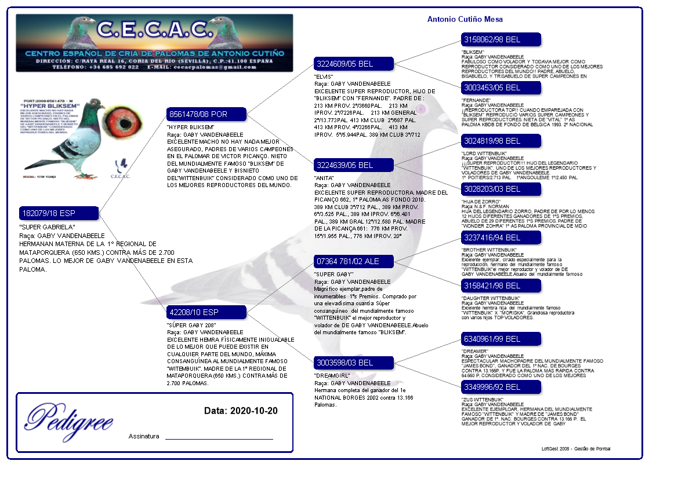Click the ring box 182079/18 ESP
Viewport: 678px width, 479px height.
tap(59, 213)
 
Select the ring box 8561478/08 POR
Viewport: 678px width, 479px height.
tap(206, 114)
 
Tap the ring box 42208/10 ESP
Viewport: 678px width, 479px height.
tap(206, 313)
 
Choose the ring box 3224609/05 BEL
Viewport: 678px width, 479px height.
tap(353, 64)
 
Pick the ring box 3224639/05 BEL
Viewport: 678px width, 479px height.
tap(353, 165)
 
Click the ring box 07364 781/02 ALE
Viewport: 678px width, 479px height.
tap(353, 261)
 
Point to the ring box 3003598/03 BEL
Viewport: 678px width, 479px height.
tap(353, 363)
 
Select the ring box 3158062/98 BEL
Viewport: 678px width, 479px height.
tap(501, 39)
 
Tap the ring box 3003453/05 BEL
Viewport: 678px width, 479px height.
tap(501, 87)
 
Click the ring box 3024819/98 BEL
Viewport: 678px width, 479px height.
tap(501, 141)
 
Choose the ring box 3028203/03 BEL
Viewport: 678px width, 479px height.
tap(501, 189)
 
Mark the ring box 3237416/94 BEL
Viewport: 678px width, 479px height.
tap(501, 237)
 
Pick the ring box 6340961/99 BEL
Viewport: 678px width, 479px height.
tap(501, 339)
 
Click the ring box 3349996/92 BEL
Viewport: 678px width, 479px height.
tap(501, 387)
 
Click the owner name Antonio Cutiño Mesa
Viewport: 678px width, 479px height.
tap(465, 20)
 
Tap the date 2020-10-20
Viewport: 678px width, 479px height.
tap(253, 411)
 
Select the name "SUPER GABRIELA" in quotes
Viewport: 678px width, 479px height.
tap(47, 227)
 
